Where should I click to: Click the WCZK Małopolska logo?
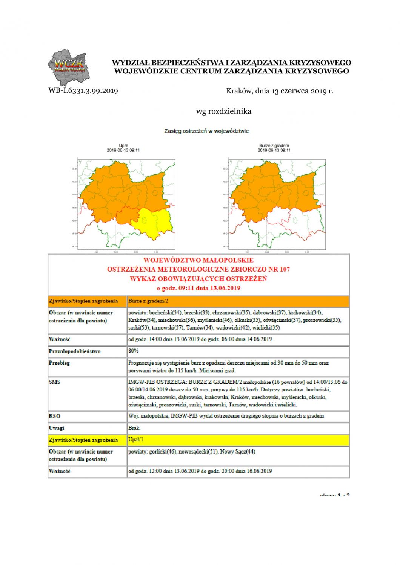click(x=68, y=68)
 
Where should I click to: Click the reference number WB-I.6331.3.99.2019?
click(x=83, y=91)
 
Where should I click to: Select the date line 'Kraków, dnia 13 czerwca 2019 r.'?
click(x=280, y=91)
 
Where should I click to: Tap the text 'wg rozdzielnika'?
click(x=223, y=111)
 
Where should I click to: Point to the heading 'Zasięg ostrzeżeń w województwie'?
click(x=206, y=131)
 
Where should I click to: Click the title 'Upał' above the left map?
click(x=123, y=145)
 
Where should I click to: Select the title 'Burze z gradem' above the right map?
click(x=274, y=145)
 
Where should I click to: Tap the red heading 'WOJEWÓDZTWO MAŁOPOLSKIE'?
click(x=198, y=260)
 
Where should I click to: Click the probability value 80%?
click(x=134, y=351)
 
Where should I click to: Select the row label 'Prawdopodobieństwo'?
click(x=75, y=351)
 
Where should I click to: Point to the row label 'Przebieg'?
click(x=59, y=363)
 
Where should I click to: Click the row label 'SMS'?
click(x=54, y=382)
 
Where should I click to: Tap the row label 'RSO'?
click(x=54, y=416)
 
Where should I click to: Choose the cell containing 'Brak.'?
click(x=134, y=428)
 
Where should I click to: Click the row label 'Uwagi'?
click(x=57, y=428)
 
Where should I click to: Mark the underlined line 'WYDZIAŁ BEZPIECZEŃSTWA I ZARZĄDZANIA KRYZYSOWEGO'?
click(x=231, y=63)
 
